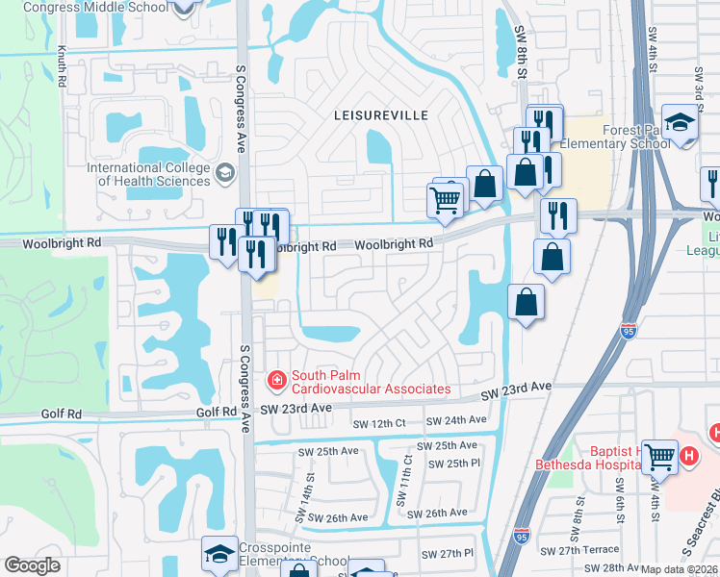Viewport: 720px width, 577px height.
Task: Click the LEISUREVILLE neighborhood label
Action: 380,114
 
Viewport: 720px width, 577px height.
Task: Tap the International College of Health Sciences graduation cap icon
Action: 225,174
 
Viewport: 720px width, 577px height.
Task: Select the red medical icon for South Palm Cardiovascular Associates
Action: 277,382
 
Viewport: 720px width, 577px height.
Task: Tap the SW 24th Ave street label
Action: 456,420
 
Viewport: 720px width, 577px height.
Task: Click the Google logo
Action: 32,565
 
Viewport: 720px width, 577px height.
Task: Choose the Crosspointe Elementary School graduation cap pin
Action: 219,555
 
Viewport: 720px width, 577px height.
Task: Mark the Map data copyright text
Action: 680,569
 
